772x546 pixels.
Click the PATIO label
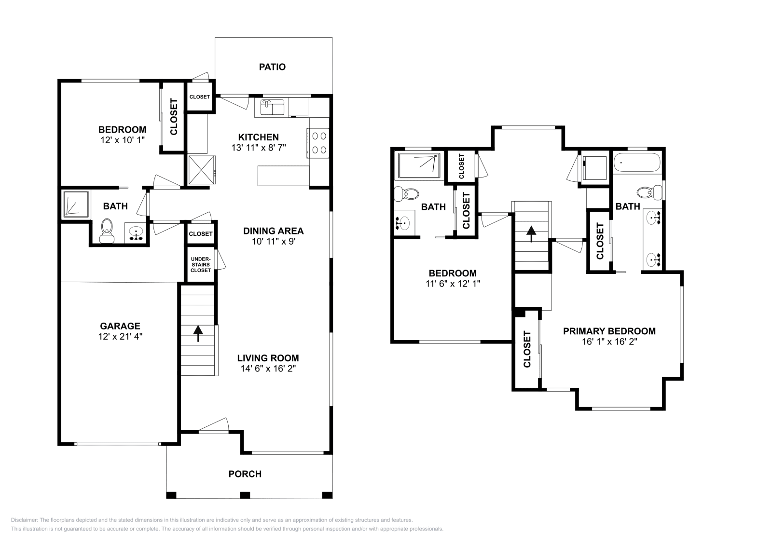click(272, 67)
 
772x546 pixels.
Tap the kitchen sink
click(272, 107)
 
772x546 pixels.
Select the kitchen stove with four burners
click(318, 143)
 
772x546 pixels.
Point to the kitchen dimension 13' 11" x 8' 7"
click(259, 148)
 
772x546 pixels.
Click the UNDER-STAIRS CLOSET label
click(201, 265)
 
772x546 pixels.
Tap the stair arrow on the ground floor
click(198, 333)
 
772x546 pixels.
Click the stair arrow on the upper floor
click(531, 234)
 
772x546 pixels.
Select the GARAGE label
click(120, 326)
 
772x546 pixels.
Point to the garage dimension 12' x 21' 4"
click(120, 337)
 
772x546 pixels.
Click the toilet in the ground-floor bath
click(107, 231)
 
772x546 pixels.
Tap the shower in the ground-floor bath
click(76, 204)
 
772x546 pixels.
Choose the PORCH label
click(245, 474)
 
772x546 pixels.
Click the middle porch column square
click(245, 495)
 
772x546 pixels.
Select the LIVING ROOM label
click(268, 358)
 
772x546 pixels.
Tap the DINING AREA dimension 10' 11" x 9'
click(274, 242)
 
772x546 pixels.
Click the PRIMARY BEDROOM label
click(609, 331)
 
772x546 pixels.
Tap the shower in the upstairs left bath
click(419, 166)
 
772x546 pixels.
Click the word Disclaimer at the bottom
click(24, 520)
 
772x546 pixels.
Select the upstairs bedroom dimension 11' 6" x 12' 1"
click(453, 284)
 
